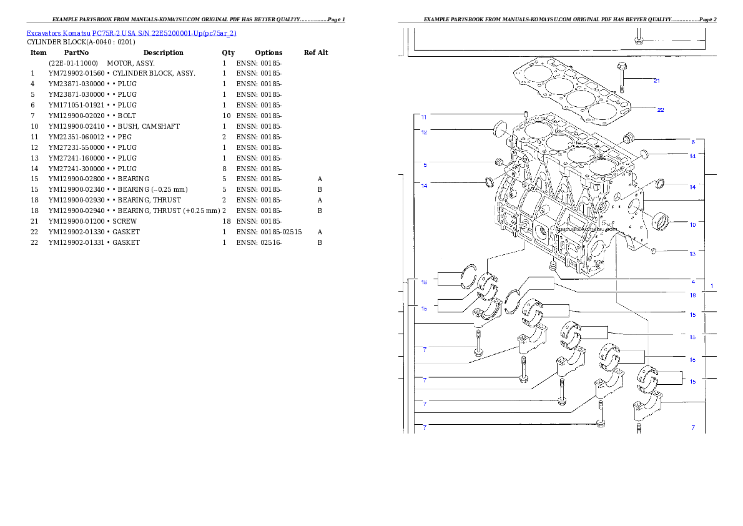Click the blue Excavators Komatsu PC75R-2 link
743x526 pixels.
[x=131, y=33]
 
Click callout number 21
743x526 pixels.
[x=656, y=81]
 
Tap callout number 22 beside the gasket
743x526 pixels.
[x=660, y=110]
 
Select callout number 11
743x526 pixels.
[x=424, y=117]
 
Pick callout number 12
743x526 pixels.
[x=424, y=132]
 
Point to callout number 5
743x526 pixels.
[x=425, y=165]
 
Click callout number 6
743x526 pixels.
[x=692, y=141]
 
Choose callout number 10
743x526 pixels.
[x=692, y=224]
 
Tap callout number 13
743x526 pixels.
[x=692, y=254]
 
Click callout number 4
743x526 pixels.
[x=692, y=282]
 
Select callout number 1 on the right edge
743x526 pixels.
[x=711, y=285]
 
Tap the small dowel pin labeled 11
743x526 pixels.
[x=527, y=116]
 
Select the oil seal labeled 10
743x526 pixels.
[x=661, y=221]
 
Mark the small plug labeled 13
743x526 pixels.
[x=653, y=251]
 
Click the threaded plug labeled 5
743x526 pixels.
[x=499, y=163]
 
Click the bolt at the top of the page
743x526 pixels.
[x=638, y=37]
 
